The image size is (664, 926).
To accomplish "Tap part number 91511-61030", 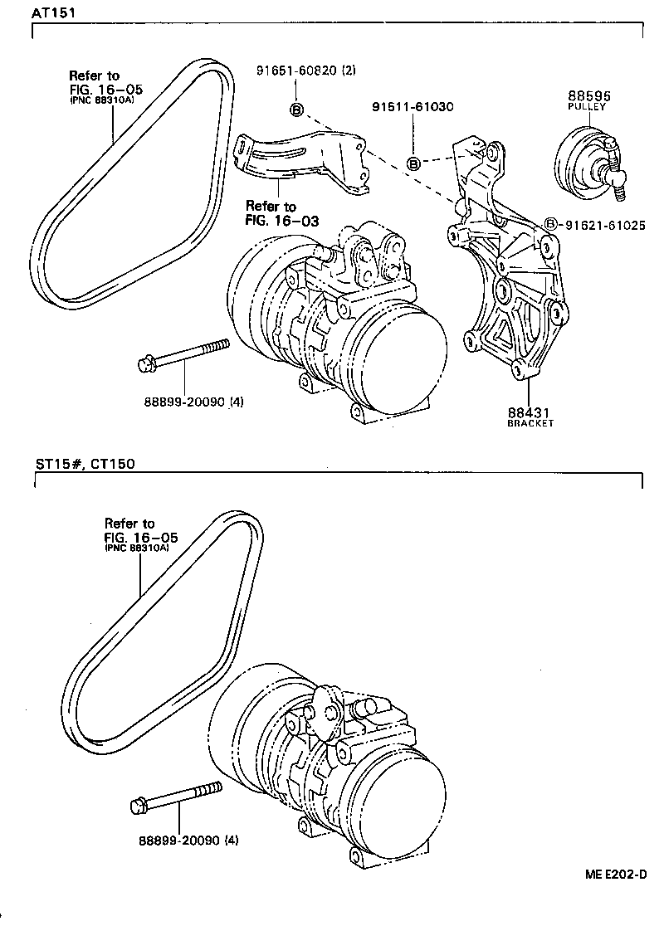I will coord(413,107).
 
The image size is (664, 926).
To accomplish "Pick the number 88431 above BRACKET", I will coord(530,411).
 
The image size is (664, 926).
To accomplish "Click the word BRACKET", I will coord(530,423).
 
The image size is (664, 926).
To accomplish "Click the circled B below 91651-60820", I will coord(296,110).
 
